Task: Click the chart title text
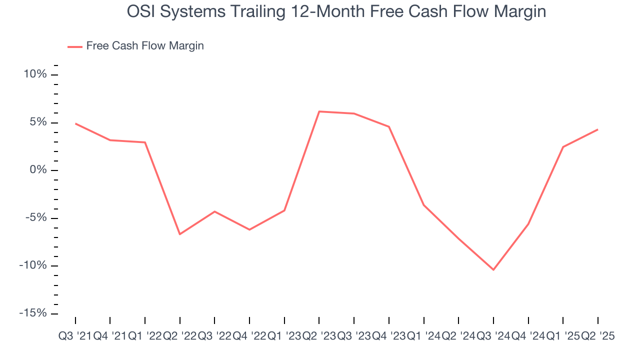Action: pos(336,11)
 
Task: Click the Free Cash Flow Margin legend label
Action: pos(145,46)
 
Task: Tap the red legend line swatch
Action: pos(75,46)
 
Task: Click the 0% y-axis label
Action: pos(38,170)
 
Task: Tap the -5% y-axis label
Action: pos(36,218)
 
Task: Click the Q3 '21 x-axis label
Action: pos(75,336)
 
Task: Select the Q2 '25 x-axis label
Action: pos(597,336)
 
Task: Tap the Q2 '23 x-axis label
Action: pos(319,336)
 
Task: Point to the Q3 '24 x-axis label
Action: pos(493,336)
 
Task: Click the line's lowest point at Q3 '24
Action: pos(493,270)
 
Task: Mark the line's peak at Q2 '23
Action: pos(319,111)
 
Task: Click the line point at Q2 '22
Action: pos(179,234)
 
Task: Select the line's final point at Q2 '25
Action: pos(598,129)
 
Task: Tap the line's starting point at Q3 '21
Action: pos(75,123)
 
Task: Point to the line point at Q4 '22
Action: pos(249,229)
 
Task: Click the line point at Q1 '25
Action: pos(563,147)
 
